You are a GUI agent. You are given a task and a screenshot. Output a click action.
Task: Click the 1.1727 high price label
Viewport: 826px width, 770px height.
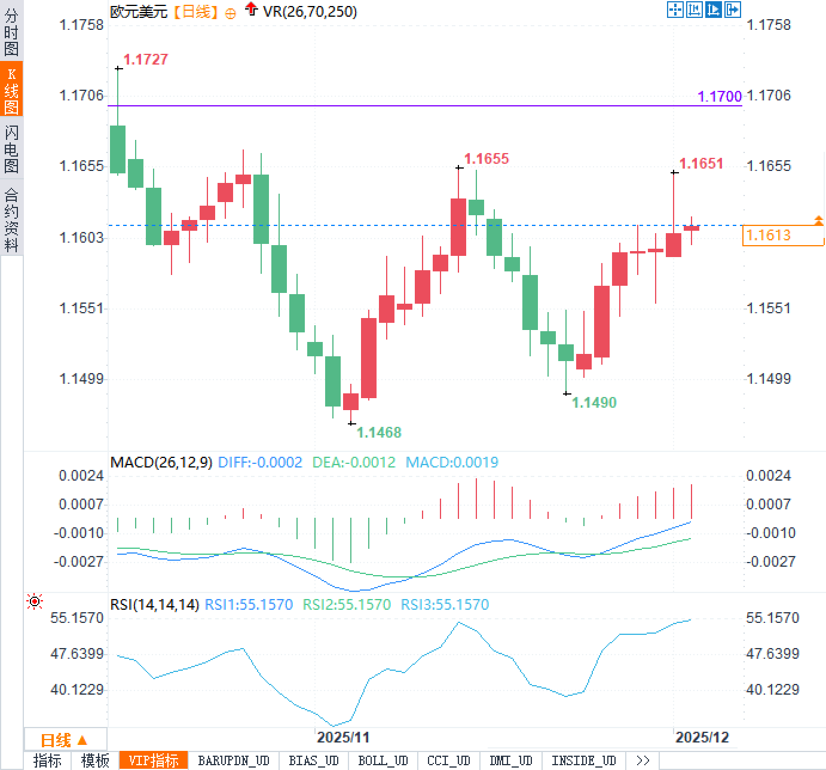[x=145, y=59]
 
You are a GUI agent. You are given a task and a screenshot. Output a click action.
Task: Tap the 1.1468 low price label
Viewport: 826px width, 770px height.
[x=379, y=432]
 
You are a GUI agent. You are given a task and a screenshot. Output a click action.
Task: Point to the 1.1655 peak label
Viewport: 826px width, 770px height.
[x=487, y=158]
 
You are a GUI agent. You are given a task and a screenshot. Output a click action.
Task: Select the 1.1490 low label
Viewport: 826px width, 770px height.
[x=594, y=402]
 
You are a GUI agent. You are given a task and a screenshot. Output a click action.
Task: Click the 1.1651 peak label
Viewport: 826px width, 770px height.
[x=701, y=163]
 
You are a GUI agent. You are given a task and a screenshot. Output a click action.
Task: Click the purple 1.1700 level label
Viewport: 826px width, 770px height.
[x=720, y=96]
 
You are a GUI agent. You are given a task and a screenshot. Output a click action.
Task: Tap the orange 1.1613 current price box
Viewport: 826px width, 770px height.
[x=782, y=236]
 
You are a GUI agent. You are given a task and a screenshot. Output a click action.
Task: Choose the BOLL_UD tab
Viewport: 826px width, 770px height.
[x=383, y=760]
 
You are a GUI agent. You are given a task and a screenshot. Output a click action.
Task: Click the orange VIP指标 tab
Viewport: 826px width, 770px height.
[x=154, y=760]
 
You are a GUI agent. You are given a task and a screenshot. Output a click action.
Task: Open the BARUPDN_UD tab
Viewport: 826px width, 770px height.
[x=234, y=760]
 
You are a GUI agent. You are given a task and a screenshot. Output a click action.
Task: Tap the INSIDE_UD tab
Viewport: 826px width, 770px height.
[x=583, y=760]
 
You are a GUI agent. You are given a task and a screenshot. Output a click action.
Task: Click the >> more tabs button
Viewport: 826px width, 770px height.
[x=643, y=760]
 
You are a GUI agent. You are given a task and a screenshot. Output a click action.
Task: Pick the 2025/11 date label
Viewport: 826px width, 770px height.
[x=343, y=737]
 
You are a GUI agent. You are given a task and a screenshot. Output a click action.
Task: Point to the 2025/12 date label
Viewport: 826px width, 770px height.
[x=702, y=737]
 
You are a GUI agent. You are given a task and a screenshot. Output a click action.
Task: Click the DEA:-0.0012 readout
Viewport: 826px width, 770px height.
[x=354, y=462]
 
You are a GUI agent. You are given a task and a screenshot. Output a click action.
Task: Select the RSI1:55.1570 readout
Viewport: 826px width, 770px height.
[x=249, y=604]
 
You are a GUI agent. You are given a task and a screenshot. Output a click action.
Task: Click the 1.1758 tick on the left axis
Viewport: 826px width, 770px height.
[x=81, y=25]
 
